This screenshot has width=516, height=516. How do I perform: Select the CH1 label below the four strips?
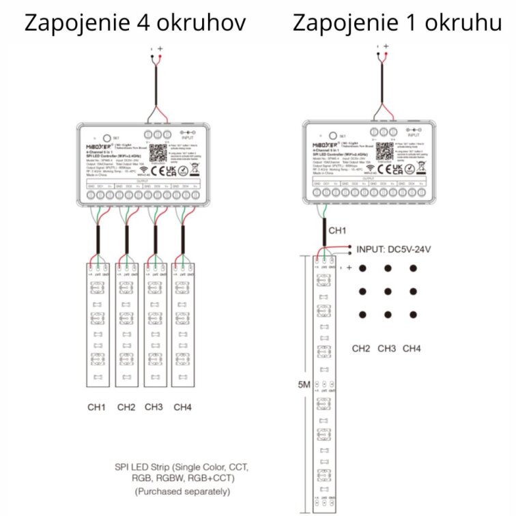96,407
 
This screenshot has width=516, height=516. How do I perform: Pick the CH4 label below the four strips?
182,407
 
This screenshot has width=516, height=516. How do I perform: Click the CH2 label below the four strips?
126,407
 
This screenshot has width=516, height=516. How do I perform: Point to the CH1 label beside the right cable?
337,231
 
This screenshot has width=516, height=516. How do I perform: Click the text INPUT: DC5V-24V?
394,250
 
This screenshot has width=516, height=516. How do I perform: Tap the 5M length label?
304,385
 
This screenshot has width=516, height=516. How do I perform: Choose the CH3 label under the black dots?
387,349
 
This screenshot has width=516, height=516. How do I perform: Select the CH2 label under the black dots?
361,349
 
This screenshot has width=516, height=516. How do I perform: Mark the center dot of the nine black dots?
387,291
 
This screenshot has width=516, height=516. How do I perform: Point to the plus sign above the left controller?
160,48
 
